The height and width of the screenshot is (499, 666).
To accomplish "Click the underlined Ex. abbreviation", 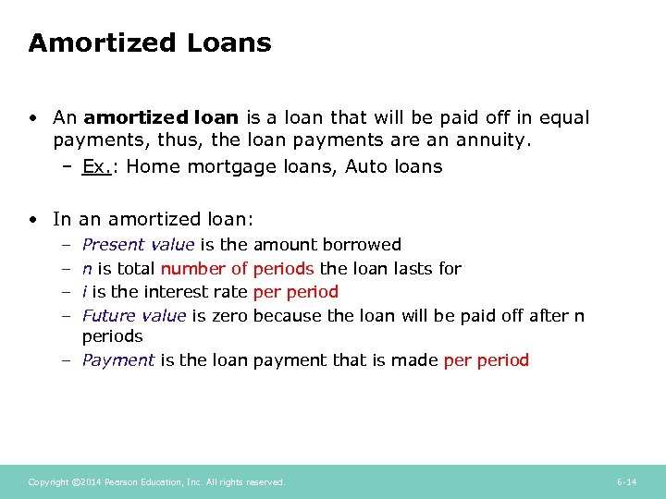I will tap(95, 166).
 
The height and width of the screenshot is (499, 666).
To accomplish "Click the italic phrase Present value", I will tap(138, 245).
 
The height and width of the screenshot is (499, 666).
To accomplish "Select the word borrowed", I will tap(363, 245).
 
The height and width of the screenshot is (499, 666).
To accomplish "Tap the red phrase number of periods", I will tap(238, 268).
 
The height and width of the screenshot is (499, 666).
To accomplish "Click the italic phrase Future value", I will tap(134, 315).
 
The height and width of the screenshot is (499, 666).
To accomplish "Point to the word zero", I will tap(229, 315).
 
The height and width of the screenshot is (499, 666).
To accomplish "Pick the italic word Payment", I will tap(118, 360).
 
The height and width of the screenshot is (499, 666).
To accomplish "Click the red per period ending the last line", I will tap(487, 360).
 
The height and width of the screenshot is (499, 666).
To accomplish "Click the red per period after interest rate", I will tap(295, 292).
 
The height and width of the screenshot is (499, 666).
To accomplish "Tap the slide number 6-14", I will tap(626, 482).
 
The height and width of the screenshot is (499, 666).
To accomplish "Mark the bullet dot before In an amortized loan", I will tap(32, 219).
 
